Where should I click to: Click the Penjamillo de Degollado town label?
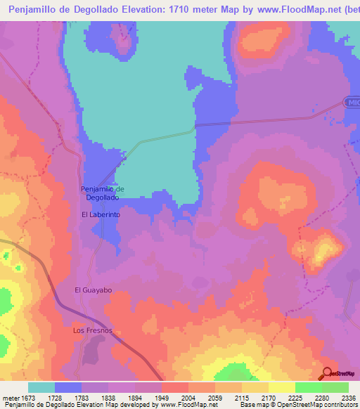pos(103,193)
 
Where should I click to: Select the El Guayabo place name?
pos(94,290)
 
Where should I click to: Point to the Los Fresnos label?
pos(93,330)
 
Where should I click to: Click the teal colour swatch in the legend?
pos(41,387)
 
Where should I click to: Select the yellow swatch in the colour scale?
pos(281,387)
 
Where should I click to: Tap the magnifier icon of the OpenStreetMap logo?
pos(328,374)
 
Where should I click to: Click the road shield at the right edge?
pos(353,103)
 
